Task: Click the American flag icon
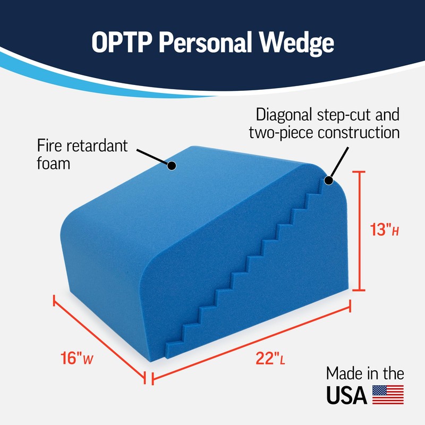(388, 395)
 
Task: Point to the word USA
(347, 395)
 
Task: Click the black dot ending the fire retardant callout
(172, 166)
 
